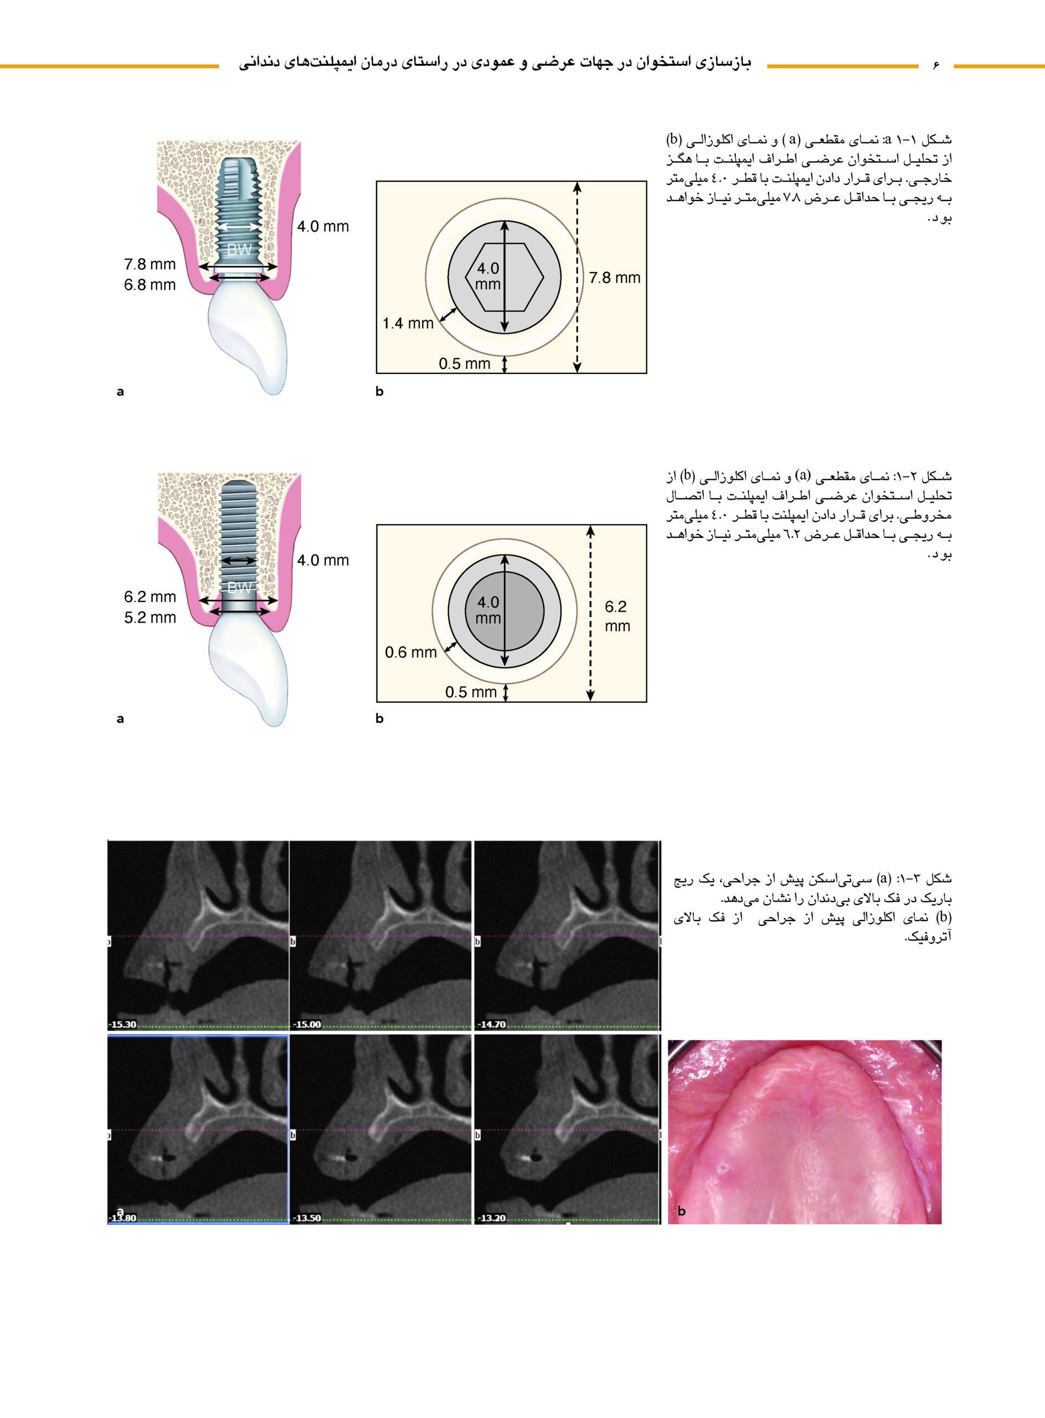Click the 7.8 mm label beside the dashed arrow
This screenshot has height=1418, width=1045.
click(614, 278)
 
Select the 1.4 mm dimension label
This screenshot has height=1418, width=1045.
click(408, 323)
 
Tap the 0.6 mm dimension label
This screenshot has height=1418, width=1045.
click(410, 653)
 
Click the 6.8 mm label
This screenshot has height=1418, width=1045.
click(150, 285)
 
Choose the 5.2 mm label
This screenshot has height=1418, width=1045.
click(150, 618)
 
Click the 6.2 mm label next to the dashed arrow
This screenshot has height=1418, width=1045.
click(617, 616)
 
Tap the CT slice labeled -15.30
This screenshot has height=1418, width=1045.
click(198, 935)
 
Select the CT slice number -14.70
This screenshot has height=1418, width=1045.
click(492, 1024)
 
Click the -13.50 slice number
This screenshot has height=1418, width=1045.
click(307, 1218)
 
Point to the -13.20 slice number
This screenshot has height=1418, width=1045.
click(492, 1218)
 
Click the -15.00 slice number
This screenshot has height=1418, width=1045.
click(307, 1024)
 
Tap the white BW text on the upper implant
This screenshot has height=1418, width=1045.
click(239, 250)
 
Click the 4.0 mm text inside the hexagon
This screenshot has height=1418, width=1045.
click(488, 276)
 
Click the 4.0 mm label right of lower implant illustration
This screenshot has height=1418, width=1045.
click(323, 561)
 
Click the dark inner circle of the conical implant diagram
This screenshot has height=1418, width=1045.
click(504, 612)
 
